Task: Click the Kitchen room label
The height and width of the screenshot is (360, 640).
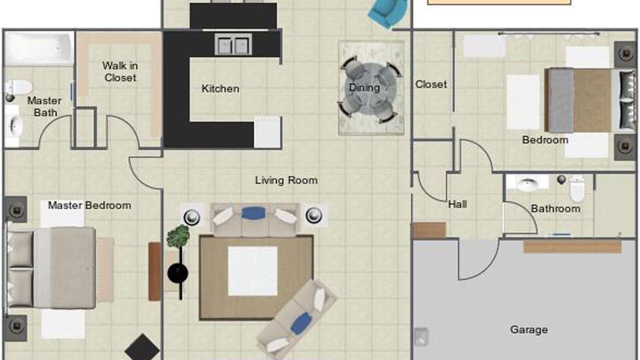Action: pyautogui.click(x=220, y=88)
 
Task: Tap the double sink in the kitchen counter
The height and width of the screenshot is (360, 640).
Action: pyautogui.click(x=233, y=44)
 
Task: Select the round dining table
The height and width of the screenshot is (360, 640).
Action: pyautogui.click(x=370, y=88)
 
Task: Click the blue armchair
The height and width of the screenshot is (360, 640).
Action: pyautogui.click(x=387, y=13)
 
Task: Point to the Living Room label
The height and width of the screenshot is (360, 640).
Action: pyautogui.click(x=286, y=180)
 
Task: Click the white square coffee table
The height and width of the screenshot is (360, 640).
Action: pyautogui.click(x=252, y=271)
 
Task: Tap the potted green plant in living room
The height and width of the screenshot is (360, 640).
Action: pyautogui.click(x=178, y=236)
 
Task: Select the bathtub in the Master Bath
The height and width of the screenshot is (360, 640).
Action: pyautogui.click(x=39, y=48)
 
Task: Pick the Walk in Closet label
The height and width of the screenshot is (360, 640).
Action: pyautogui.click(x=120, y=71)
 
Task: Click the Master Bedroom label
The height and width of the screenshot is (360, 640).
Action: pyautogui.click(x=89, y=205)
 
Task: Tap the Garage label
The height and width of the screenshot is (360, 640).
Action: pyautogui.click(x=529, y=329)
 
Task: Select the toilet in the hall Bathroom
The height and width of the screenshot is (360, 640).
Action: pyautogui.click(x=577, y=188)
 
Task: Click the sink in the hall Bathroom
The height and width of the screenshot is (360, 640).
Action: pyautogui.click(x=527, y=183)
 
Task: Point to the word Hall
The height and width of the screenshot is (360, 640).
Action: pyautogui.click(x=457, y=204)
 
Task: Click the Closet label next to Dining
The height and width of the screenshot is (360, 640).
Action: pyautogui.click(x=431, y=84)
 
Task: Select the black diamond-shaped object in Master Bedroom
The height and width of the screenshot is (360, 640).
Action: pyautogui.click(x=142, y=348)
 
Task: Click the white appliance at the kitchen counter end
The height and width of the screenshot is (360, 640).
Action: pyautogui.click(x=267, y=132)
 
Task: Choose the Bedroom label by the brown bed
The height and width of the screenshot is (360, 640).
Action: pyautogui.click(x=545, y=140)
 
